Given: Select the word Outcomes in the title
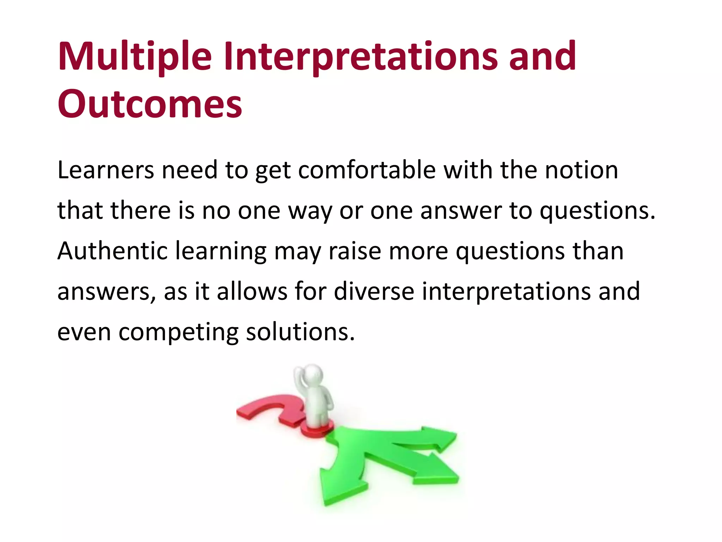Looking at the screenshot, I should (150, 104).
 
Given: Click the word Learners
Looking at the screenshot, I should (105, 170).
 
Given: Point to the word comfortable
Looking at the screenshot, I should (367, 170).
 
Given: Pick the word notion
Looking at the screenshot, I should (581, 170).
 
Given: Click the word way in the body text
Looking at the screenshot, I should (310, 211).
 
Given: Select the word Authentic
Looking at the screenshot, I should (112, 251).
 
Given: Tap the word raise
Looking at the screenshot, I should (355, 251).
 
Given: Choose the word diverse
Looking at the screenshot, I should (374, 291).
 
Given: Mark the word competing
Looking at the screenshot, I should (178, 332).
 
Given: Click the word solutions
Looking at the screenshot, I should (300, 332).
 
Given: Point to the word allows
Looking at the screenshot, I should (252, 291).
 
